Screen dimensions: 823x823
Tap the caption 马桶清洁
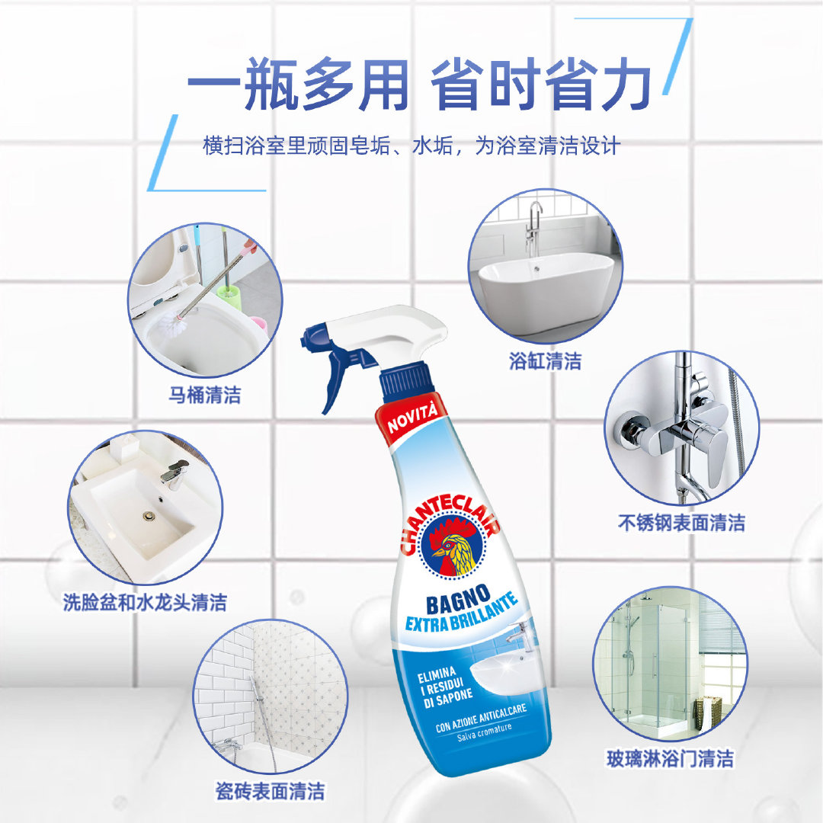click(205, 395)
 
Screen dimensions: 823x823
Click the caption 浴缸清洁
click(545, 361)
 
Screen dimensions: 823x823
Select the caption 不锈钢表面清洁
click(681, 523)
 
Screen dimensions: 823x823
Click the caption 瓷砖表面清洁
click(270, 791)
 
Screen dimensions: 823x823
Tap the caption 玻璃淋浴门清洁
click(670, 758)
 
